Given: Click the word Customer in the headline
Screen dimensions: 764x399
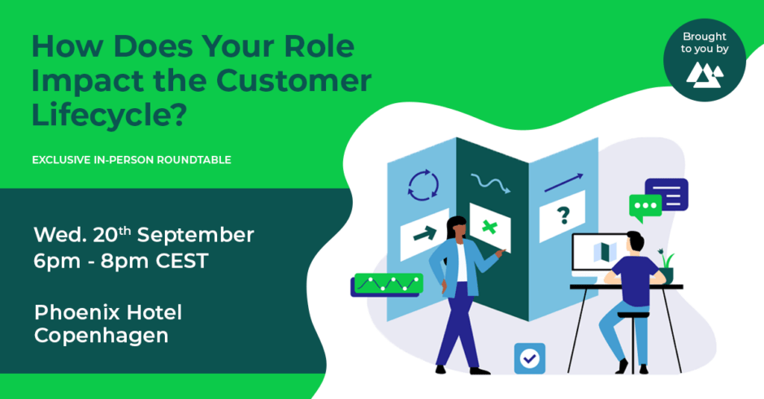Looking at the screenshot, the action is tap(293, 80).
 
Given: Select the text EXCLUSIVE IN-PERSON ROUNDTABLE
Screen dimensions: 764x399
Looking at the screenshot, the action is tap(132, 160).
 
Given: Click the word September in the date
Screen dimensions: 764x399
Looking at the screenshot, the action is tap(195, 235).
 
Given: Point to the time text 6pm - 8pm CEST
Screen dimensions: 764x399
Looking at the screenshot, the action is tap(121, 261).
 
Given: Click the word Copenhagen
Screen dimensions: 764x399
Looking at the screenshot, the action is tap(102, 336).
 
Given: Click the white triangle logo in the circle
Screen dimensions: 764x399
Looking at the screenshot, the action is tap(705, 75).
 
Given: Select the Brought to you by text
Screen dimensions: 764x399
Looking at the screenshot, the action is tap(705, 42).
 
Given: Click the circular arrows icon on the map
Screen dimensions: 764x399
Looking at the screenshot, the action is tap(423, 185).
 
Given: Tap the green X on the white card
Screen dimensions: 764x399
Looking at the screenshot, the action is tap(489, 227).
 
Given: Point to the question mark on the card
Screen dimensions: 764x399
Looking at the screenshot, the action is tap(563, 215).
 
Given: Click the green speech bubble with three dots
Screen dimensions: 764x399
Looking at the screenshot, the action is tap(645, 207).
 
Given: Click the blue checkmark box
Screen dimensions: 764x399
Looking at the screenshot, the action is tap(530, 358).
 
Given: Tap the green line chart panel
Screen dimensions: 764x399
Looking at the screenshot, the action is tap(389, 283).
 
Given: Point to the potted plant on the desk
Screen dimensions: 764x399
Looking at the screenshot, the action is tap(666, 267).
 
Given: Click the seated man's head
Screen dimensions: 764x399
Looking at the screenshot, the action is tap(636, 242).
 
